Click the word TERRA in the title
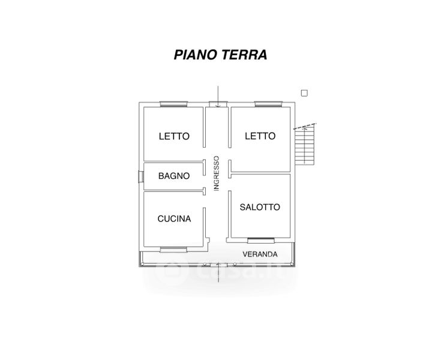[244, 55]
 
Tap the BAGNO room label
[174, 176]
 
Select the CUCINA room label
[174, 218]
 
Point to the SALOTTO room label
[260, 207]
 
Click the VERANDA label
[260, 254]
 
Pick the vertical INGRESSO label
[216, 173]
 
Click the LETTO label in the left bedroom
[174, 136]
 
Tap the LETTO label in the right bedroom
[260, 136]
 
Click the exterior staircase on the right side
[304, 145]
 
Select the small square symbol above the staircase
[304, 93]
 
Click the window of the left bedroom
[173, 104]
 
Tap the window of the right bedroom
[268, 104]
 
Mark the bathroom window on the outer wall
[141, 176]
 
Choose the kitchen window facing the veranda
[173, 250]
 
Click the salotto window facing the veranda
[261, 241]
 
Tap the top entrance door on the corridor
[218, 104]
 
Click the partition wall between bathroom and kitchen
[175, 191]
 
